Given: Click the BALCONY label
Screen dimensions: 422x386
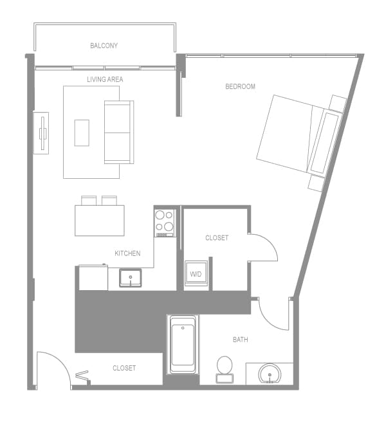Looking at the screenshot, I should [104, 46].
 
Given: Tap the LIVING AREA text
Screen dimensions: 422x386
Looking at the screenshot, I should [106, 80].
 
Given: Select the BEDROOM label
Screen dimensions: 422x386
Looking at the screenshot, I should [240, 86].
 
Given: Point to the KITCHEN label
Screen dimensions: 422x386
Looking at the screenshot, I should [127, 253].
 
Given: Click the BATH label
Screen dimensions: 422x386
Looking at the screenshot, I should [241, 340].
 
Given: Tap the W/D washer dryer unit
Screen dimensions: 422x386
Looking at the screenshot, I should [196, 273].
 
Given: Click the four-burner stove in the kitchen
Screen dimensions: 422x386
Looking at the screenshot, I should [165, 221].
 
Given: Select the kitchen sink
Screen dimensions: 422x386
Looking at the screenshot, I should [131, 279].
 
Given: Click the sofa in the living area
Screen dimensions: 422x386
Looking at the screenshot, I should [118, 132].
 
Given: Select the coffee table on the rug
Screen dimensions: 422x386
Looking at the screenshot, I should [82, 133].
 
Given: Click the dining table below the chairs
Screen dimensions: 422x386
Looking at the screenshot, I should [99, 220].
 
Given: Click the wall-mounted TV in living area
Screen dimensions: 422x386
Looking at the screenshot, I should [42, 133].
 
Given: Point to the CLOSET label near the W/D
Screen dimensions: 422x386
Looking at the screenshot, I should [217, 238].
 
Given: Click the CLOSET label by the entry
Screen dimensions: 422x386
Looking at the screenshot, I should [124, 368].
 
